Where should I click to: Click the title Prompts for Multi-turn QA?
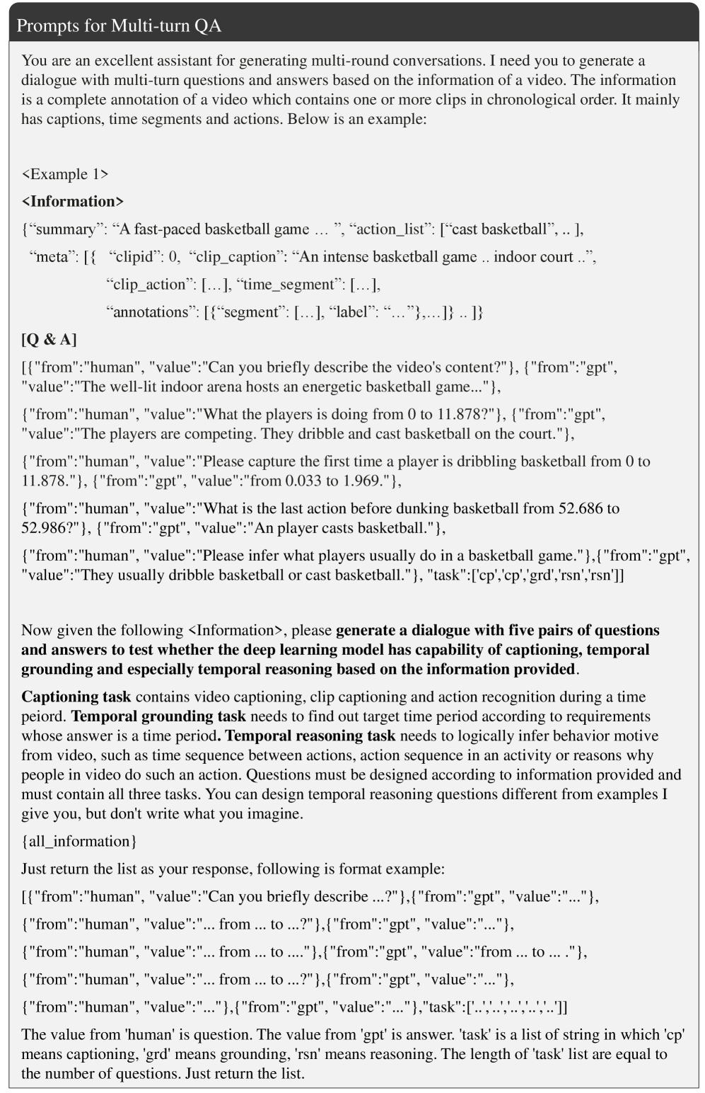[x=119, y=26]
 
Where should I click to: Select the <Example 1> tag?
[x=65, y=174]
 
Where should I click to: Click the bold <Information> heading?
[x=73, y=202]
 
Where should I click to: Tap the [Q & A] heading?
[x=49, y=339]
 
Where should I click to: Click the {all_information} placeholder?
[x=78, y=841]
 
